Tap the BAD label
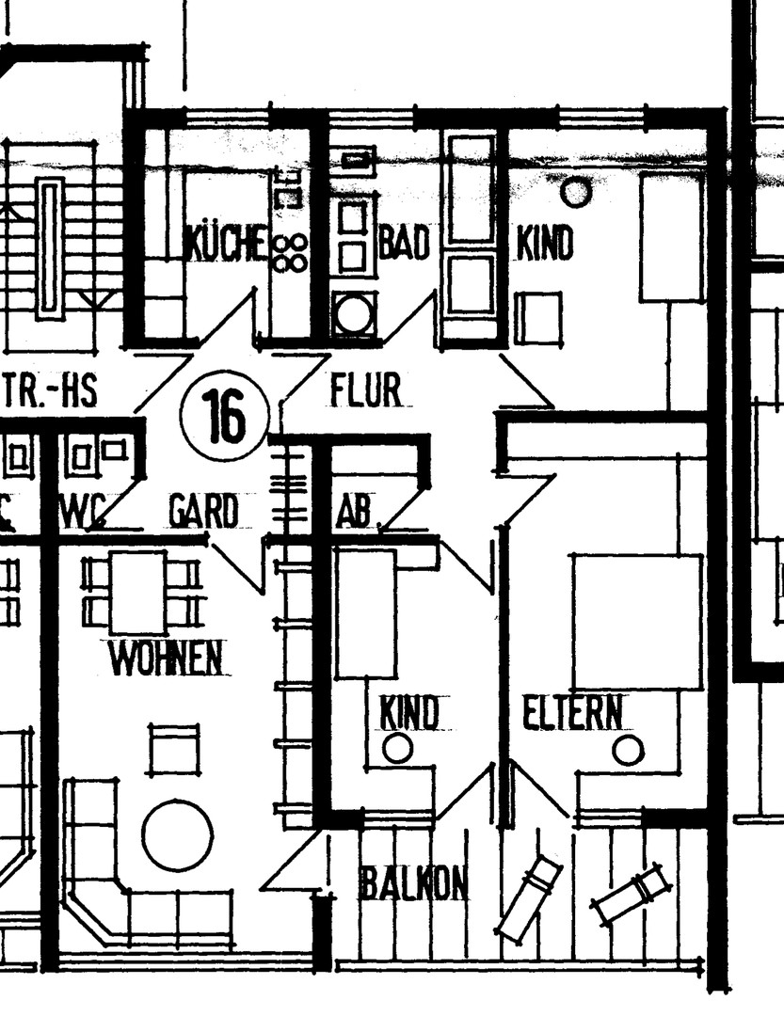pyautogui.click(x=404, y=244)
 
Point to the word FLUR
pyautogui.click(x=366, y=389)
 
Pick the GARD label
pyautogui.click(x=203, y=513)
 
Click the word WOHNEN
pyautogui.click(x=168, y=659)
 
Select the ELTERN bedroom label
pyautogui.click(x=573, y=714)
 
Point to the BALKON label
pyautogui.click(x=413, y=883)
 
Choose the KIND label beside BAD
pyautogui.click(x=544, y=244)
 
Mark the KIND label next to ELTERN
pyautogui.click(x=409, y=712)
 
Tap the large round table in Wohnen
pyautogui.click(x=177, y=834)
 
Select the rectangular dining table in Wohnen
pyautogui.click(x=137, y=593)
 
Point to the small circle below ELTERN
pyautogui.click(x=628, y=751)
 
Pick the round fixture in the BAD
pyautogui.click(x=354, y=313)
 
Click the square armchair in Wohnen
pyautogui.click(x=174, y=749)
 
